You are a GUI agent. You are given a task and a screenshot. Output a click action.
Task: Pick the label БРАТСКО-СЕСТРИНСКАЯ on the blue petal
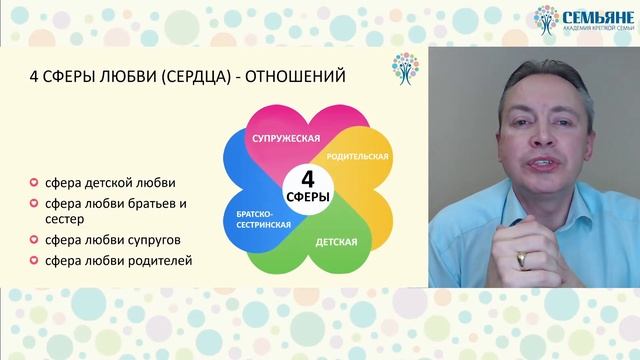264,221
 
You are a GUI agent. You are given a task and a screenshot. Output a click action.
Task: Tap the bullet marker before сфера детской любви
35,182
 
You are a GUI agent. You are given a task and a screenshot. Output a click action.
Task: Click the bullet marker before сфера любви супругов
35,241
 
